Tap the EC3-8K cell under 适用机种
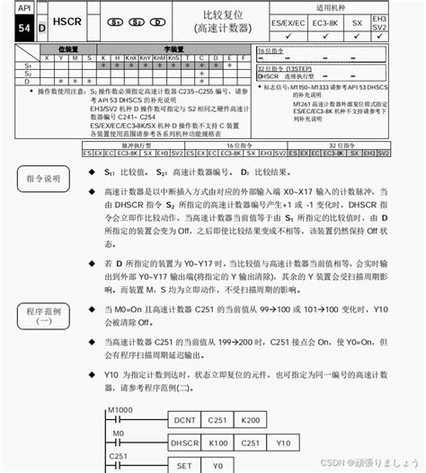323,22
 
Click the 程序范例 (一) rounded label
44,316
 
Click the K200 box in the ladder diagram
253,420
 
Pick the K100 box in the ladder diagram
218,443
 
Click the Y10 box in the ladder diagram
283,443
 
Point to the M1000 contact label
120,409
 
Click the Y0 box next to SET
217,466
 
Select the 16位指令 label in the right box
272,51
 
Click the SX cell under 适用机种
357,22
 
